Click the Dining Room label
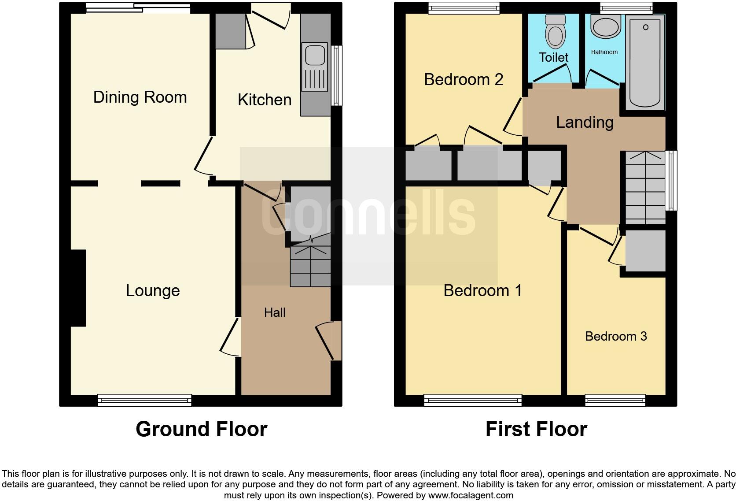tap(140, 97)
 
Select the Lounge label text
tap(153, 291)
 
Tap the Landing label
tap(585, 122)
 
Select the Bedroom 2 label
tap(464, 79)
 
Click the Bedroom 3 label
tap(615, 336)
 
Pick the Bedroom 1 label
tap(482, 291)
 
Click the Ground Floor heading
tap(201, 429)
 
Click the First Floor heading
tap(536, 429)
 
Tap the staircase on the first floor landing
tap(645, 187)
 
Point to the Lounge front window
tap(144, 400)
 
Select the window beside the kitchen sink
tap(337, 75)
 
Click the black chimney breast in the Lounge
tap(78, 288)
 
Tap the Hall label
tap(275, 313)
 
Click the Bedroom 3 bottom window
tap(615, 400)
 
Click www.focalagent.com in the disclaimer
tap(470, 495)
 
